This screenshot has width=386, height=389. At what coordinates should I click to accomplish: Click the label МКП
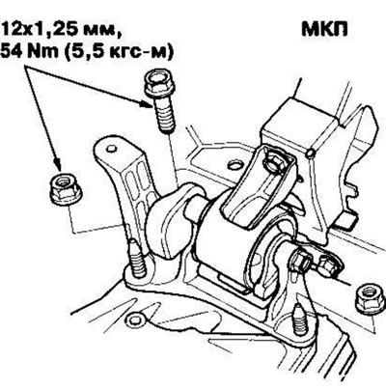coord(324,30)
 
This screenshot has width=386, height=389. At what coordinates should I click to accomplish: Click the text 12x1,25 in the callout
coord(41,31)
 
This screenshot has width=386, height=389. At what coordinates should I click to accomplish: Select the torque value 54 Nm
coord(30,52)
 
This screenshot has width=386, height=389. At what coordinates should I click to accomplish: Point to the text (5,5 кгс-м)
coord(119,53)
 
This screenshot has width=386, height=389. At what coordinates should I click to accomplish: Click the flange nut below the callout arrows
coord(66,189)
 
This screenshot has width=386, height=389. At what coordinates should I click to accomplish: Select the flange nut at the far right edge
coord(370,297)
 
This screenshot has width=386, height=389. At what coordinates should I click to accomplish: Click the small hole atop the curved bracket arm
coord(111,149)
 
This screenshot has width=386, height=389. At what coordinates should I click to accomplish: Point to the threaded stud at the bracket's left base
coord(136,259)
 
